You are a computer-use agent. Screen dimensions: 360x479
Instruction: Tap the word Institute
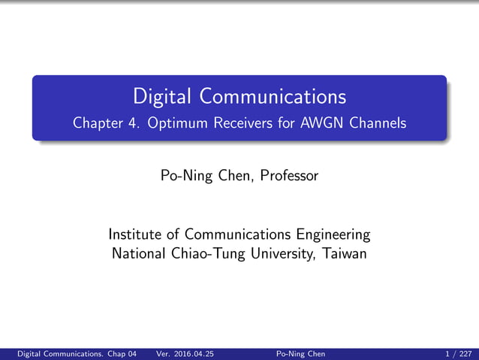pyautogui.click(x=137, y=234)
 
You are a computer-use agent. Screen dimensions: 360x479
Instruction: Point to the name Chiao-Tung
pyautogui.click(x=210, y=253)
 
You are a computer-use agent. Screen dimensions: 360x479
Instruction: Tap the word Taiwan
pyautogui.click(x=344, y=253)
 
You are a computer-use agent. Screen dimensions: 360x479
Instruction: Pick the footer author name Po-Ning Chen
pyautogui.click(x=301, y=353)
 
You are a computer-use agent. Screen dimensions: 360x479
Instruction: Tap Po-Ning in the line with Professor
pyautogui.click(x=185, y=176)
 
